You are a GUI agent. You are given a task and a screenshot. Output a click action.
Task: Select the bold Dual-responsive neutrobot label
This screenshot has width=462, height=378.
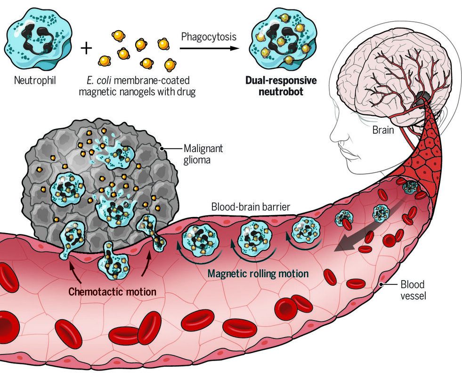pyautogui.click(x=281, y=85)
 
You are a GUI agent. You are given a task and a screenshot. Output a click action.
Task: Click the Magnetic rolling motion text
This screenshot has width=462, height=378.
pyautogui.click(x=258, y=273)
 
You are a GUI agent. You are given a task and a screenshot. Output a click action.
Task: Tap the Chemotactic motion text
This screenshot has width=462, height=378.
pyautogui.click(x=112, y=291)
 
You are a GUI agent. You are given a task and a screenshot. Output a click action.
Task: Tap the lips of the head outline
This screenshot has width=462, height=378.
pyautogui.click(x=343, y=156)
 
